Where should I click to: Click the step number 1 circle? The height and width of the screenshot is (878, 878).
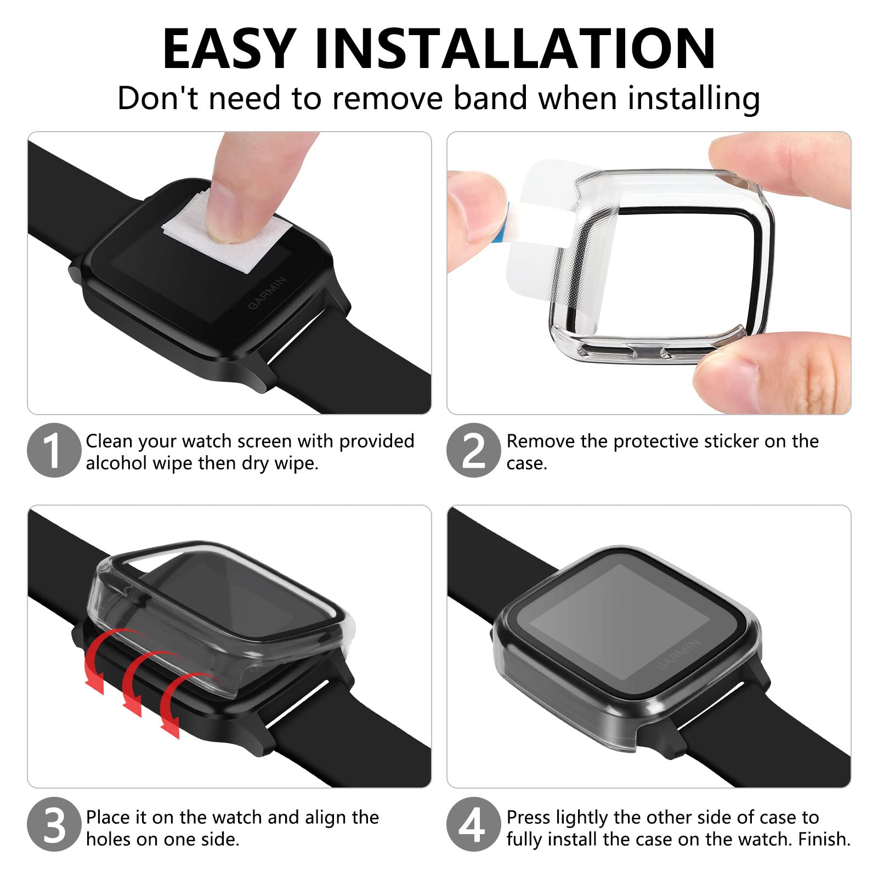(x=54, y=450)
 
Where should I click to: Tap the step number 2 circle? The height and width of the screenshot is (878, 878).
(x=473, y=450)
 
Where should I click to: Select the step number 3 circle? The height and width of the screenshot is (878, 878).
(x=54, y=824)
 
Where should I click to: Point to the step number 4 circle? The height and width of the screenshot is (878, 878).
(x=473, y=824)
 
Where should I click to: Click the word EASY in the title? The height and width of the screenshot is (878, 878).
(x=229, y=49)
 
